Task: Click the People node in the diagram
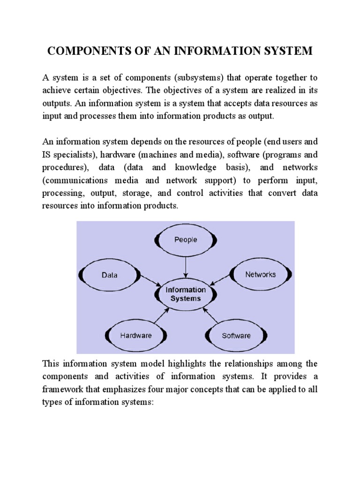[x=186, y=240]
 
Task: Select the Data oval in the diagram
[x=110, y=275]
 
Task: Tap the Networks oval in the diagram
[x=261, y=274]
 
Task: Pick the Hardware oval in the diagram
[x=136, y=335]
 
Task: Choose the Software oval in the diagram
[x=236, y=335]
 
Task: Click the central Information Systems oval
[x=186, y=294]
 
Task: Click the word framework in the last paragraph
[x=63, y=389]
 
